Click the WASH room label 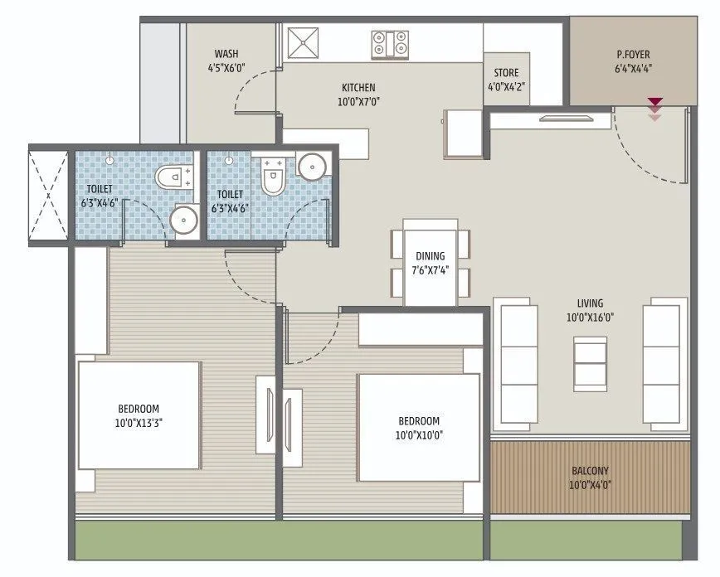226,54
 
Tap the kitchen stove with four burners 389,41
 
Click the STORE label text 507,73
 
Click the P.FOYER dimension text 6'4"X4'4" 633,69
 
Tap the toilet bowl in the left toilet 172,177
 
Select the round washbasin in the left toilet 182,220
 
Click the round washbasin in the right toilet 313,166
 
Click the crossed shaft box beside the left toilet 49,195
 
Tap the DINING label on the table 431,256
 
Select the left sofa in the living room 518,362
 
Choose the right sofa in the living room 666,362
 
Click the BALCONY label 590,471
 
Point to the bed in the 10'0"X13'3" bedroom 139,415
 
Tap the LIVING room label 591,303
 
